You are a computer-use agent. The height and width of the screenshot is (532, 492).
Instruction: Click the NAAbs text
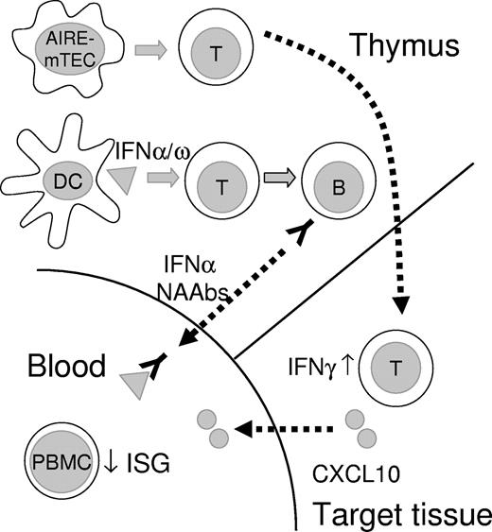coord(195,294)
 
